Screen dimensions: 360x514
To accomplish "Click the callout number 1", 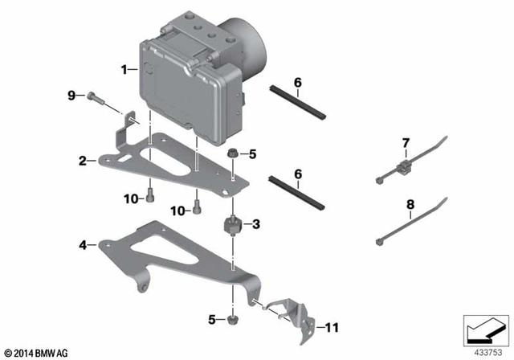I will point(124,70).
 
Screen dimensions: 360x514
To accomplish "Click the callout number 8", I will point(410,205).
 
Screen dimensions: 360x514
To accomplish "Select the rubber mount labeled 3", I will point(231,224).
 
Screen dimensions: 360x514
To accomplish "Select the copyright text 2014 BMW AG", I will point(37,351).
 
